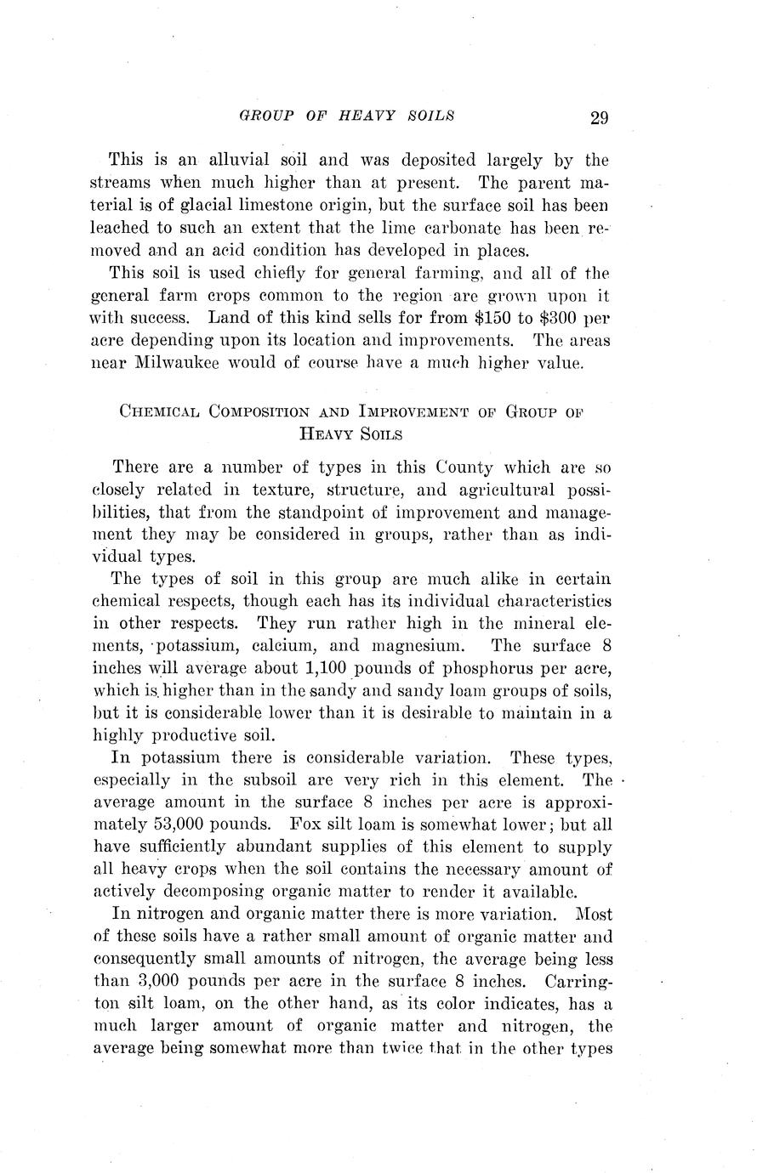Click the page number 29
pyautogui.click(x=598, y=117)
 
